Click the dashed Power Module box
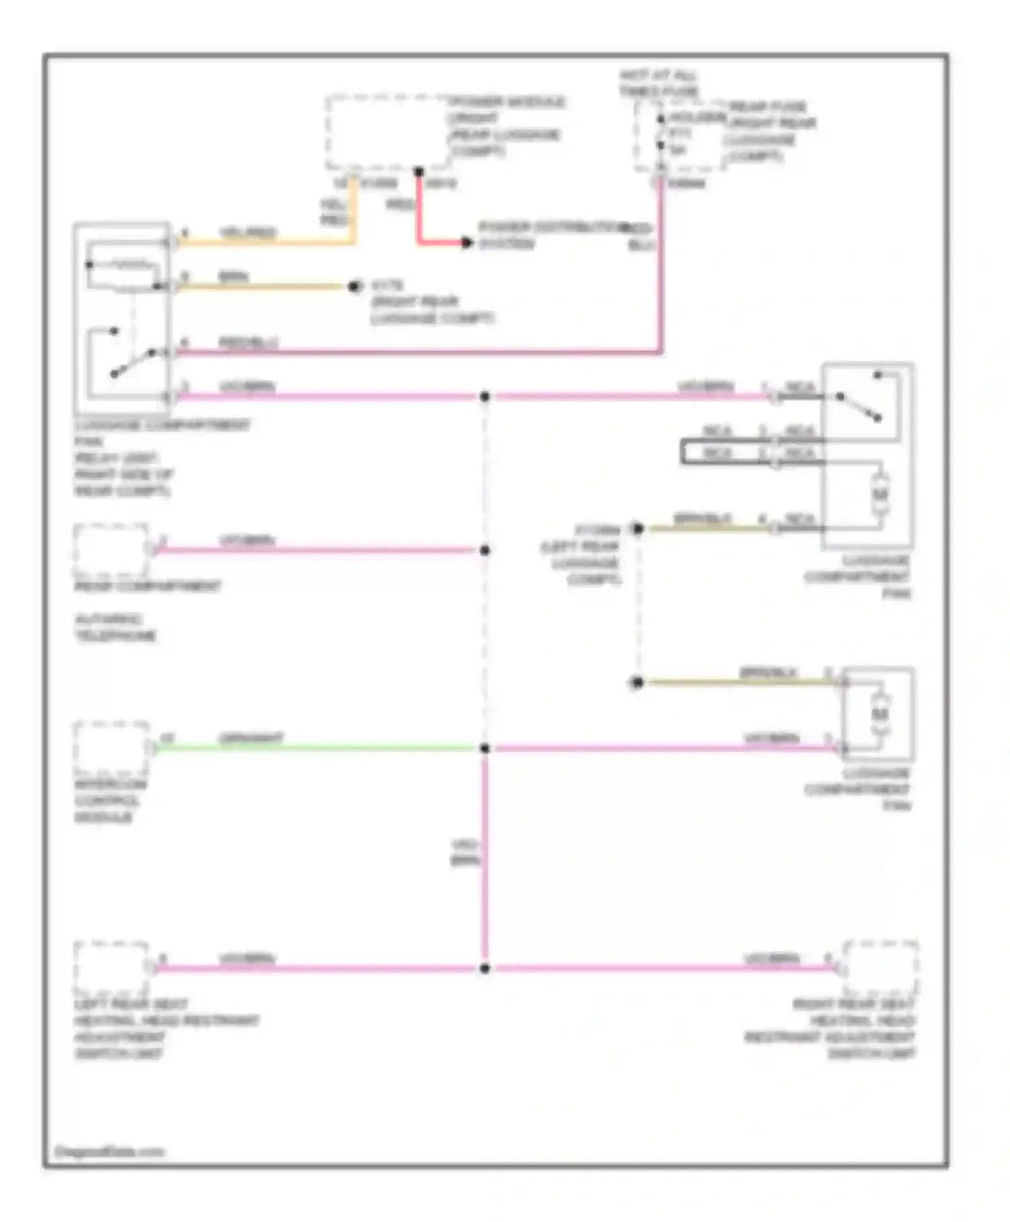(x=387, y=133)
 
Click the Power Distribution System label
(x=549, y=234)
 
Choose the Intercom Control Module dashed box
(x=111, y=748)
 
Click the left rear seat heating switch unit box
(x=111, y=968)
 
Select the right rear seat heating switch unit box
(x=881, y=968)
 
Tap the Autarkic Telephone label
(x=115, y=627)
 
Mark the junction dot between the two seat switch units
(x=485, y=969)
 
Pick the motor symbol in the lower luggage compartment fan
(x=880, y=713)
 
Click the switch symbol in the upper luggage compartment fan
(x=858, y=406)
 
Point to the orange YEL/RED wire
(x=269, y=242)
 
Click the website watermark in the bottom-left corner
(x=109, y=1151)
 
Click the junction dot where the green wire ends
(x=485, y=748)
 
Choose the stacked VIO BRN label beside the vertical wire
(x=465, y=852)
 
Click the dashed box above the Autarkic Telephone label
(x=111, y=550)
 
